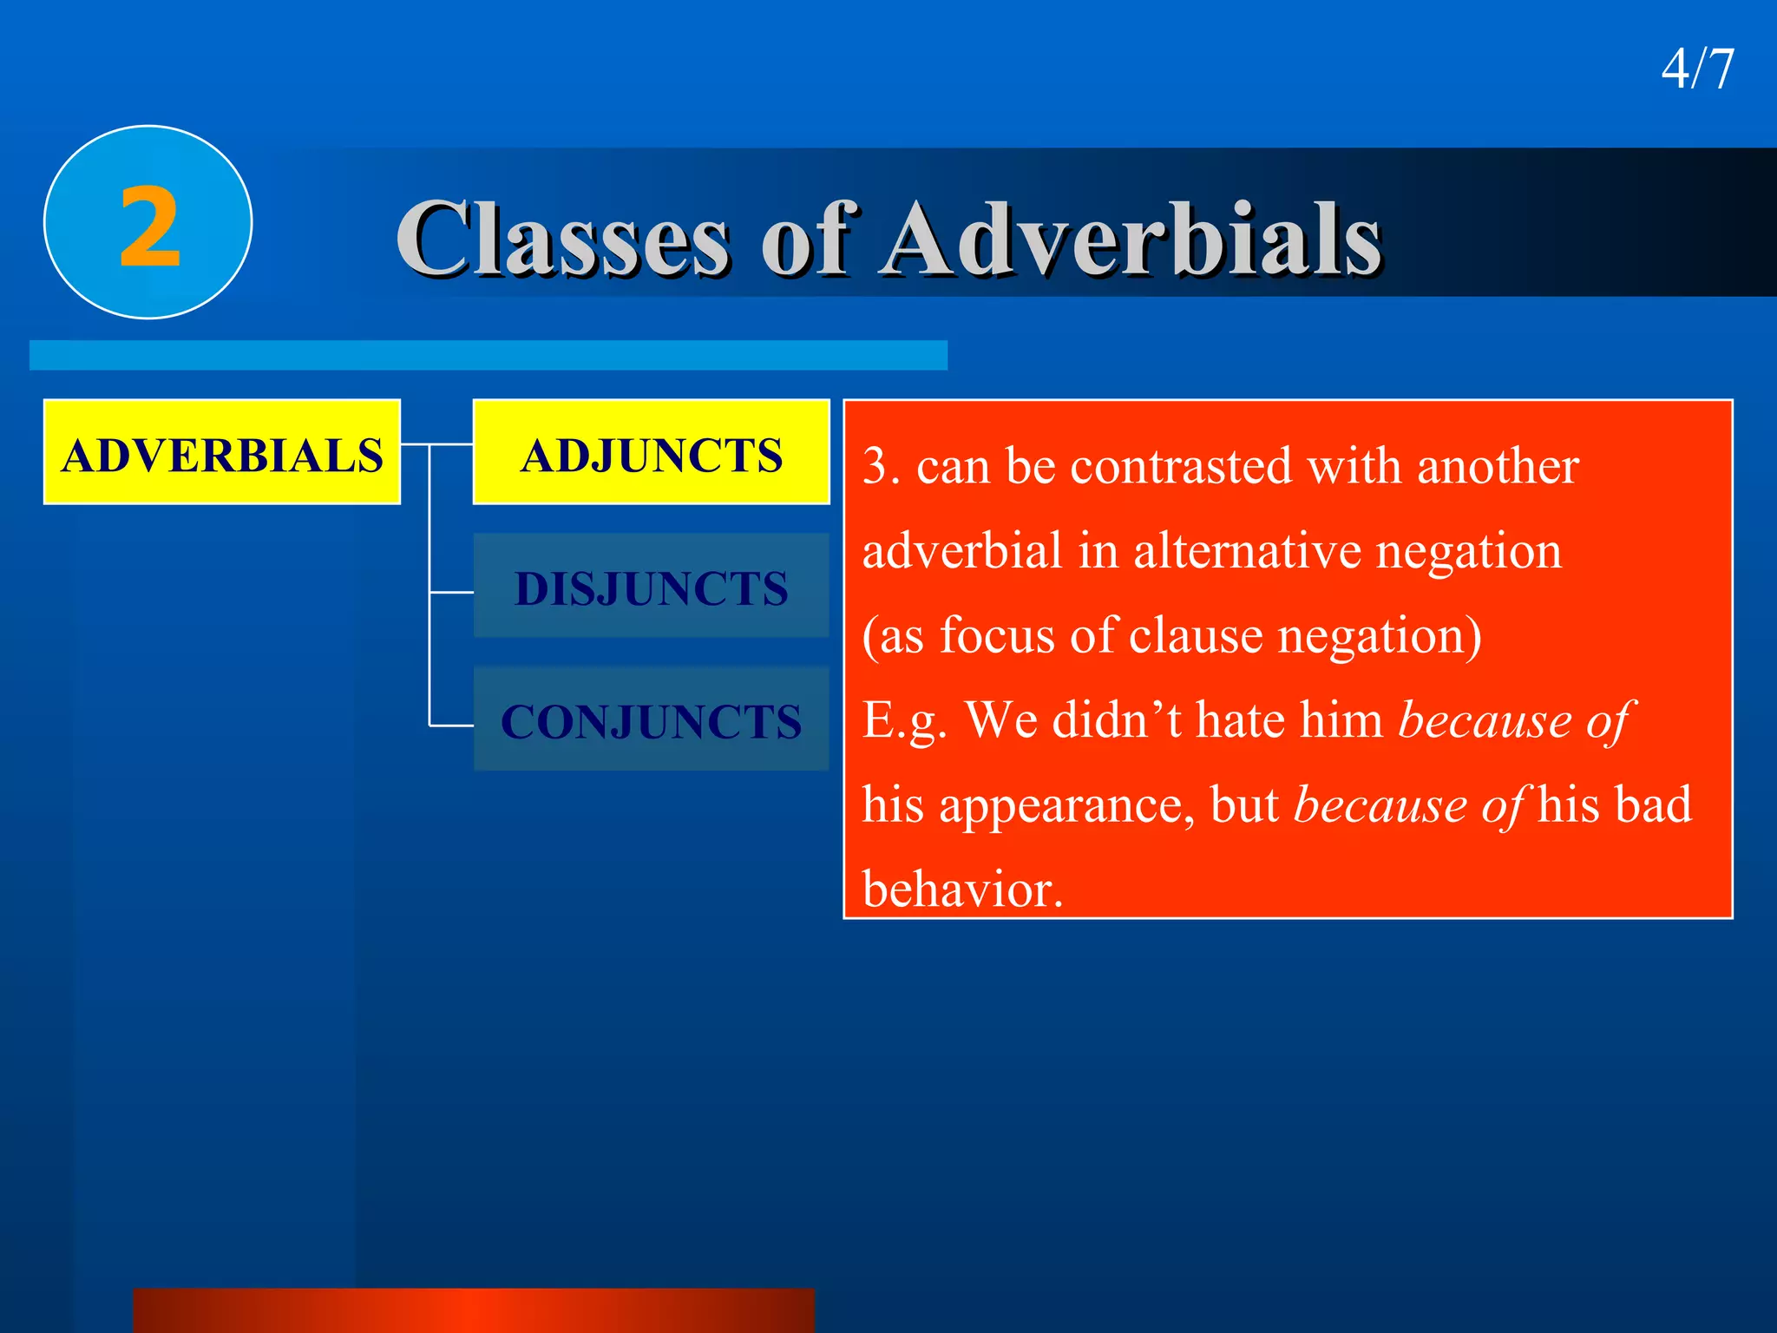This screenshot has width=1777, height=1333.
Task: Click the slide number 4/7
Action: point(1697,69)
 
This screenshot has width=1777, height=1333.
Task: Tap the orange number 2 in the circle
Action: point(149,227)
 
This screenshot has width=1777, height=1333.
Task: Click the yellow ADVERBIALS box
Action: point(221,453)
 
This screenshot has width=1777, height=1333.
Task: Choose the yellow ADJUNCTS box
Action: point(651,453)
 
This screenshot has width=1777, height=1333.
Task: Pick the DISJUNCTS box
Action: point(651,587)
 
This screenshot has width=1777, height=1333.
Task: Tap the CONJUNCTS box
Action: point(651,719)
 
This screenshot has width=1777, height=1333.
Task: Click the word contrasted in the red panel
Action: point(1182,467)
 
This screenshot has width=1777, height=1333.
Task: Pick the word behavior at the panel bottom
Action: point(961,890)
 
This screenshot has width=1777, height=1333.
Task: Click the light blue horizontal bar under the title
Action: point(488,355)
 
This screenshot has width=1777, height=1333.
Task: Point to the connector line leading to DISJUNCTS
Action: point(451,593)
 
